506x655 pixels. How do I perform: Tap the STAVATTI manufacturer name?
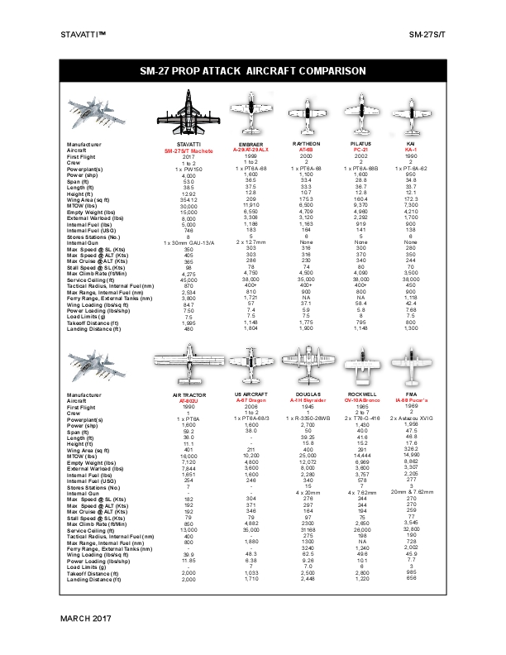pyautogui.click(x=189, y=144)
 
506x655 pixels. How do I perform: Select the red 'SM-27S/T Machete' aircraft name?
pyautogui.click(x=189, y=150)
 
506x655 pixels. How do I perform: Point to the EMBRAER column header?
pyautogui.click(x=251, y=144)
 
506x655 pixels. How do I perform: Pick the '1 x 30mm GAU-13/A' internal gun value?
pyautogui.click(x=189, y=241)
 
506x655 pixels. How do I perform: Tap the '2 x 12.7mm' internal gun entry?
pyautogui.click(x=251, y=242)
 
